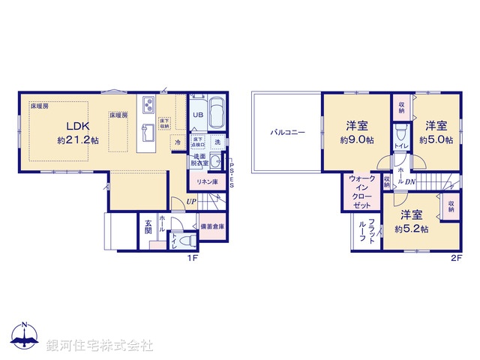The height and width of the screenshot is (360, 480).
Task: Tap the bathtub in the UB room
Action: click(217, 113)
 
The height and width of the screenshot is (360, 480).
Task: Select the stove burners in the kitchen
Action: click(146, 103)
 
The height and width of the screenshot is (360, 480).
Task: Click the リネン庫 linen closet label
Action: click(207, 182)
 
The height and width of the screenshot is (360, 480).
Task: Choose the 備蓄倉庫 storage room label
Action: click(212, 226)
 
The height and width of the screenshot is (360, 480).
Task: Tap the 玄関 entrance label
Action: click(148, 226)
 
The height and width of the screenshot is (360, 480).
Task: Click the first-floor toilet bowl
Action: click(189, 241)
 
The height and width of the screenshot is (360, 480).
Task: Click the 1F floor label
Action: click(192, 258)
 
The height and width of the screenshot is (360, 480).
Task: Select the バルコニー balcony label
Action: click(288, 132)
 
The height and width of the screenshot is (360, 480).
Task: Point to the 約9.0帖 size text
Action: click(356, 140)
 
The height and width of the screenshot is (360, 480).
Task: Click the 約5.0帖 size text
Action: click(436, 140)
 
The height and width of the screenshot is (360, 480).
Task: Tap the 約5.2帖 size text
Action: click(412, 229)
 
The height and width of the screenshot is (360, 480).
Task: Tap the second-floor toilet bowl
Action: click(400, 133)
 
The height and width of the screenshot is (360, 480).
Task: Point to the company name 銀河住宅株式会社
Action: click(100, 346)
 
